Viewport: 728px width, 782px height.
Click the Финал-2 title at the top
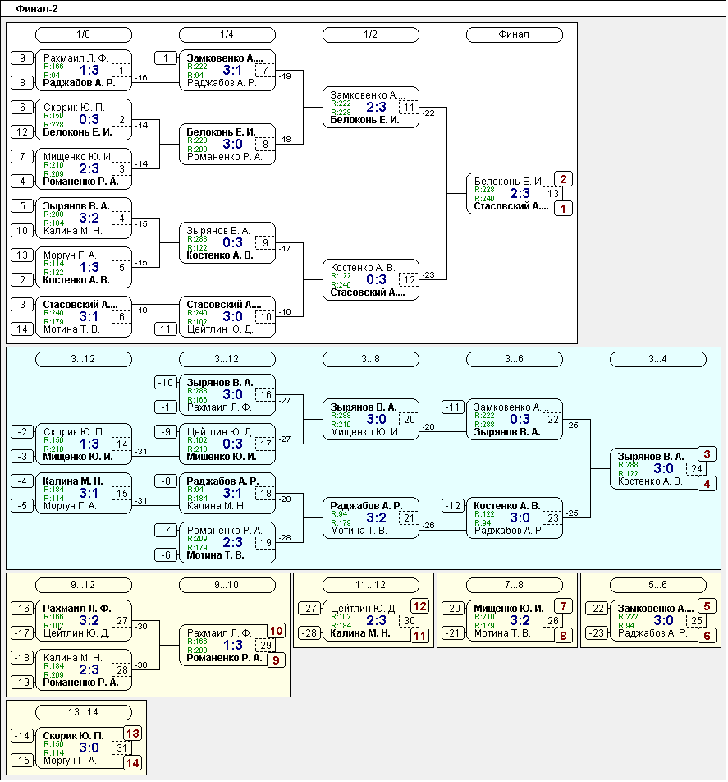37,9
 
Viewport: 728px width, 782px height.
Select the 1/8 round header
84,34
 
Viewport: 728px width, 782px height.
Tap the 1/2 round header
371,34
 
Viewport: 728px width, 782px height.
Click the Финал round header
515,34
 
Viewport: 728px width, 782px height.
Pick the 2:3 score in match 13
520,194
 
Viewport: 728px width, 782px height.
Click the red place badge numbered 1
564,209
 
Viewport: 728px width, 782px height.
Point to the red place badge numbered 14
132,763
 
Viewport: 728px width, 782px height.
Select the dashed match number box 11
409,108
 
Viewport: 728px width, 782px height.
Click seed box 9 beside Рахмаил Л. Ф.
22,57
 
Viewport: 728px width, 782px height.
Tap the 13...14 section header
84,712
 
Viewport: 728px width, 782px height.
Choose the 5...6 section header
657,585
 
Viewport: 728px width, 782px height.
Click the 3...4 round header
657,359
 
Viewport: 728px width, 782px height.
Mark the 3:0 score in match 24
663,469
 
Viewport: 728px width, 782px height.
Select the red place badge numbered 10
277,631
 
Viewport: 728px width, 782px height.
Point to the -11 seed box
453,407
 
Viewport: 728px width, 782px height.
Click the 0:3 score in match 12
376,280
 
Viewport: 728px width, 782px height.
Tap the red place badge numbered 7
564,606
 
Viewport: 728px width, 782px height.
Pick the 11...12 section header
371,585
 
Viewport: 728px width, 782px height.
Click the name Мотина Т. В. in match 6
71,329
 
